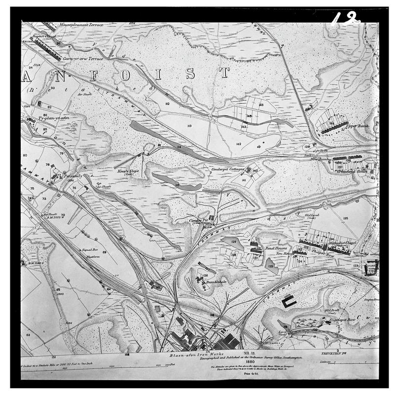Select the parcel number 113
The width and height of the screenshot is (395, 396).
click(189, 126)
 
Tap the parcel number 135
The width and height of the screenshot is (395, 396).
click(346, 218)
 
